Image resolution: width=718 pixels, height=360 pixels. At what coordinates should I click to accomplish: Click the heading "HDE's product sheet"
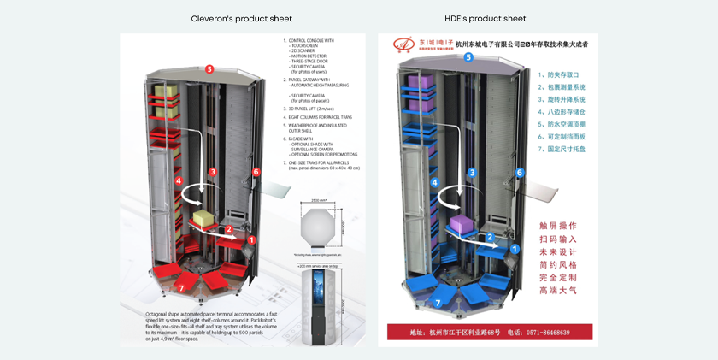coord(485,19)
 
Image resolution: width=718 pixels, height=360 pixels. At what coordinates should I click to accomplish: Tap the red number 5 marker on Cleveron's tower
coord(209,68)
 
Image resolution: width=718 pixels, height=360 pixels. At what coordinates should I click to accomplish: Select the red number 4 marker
coord(179,180)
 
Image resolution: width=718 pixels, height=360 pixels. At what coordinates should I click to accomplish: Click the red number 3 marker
coord(212,172)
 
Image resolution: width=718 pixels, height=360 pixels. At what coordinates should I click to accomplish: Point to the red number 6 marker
coord(256,172)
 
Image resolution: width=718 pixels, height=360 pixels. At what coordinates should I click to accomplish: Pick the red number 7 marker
coord(181,288)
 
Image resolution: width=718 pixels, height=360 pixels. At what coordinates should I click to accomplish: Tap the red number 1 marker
coord(251,240)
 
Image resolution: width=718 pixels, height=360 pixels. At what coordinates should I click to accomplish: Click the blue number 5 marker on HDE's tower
coord(468,57)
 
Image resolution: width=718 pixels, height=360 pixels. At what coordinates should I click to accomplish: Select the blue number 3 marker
coord(472,173)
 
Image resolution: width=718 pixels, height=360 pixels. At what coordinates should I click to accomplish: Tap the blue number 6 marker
coord(519,173)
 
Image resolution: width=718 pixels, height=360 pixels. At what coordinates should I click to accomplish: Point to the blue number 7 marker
coord(438,302)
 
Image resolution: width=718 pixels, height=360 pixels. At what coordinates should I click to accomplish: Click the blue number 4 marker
coord(434,182)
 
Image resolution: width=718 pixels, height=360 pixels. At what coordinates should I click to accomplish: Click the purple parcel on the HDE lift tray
coord(462,227)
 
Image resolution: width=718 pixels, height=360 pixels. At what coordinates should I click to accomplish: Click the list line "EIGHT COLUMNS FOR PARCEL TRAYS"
coord(319,117)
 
